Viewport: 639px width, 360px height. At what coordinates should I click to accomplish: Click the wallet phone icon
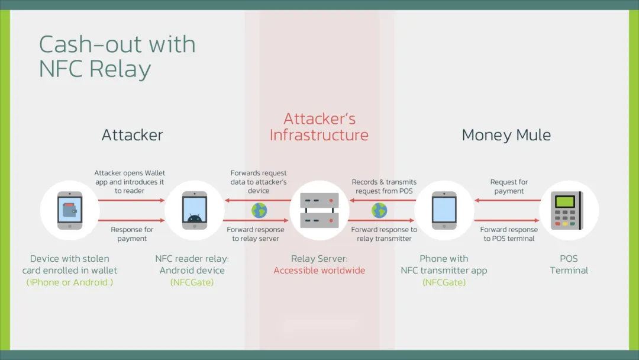coord(70,210)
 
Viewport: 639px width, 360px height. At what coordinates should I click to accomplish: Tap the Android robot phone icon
coord(195,210)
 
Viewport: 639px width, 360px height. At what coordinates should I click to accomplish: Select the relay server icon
coord(319,210)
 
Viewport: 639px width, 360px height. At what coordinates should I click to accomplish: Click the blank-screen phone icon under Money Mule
coord(444,210)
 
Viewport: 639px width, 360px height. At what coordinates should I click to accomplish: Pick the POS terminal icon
coord(569,210)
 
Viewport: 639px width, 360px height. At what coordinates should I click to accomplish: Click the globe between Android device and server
coord(259,210)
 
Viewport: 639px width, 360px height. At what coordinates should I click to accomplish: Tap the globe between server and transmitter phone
coord(379,210)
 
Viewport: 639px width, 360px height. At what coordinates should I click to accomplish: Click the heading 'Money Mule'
coord(506,135)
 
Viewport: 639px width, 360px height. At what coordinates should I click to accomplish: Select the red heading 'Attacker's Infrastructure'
coord(319,127)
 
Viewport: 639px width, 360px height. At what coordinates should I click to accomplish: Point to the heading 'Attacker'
coord(132,135)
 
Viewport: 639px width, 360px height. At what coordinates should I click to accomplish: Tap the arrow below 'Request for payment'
coord(508,201)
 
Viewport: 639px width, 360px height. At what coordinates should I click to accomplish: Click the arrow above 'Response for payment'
coord(131,220)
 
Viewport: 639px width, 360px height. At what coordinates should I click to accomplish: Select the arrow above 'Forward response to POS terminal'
coord(508,220)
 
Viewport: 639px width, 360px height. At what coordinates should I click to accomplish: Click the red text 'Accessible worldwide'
coord(319,271)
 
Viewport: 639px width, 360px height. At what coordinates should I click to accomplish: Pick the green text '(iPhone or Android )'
coord(70,282)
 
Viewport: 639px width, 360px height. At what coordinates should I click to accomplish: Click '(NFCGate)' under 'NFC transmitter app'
coord(444,282)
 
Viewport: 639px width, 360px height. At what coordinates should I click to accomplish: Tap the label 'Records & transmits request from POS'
coord(384,187)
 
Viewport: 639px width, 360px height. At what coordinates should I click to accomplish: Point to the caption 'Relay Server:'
coord(319,259)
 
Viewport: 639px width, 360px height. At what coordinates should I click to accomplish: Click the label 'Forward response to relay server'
coord(256,234)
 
